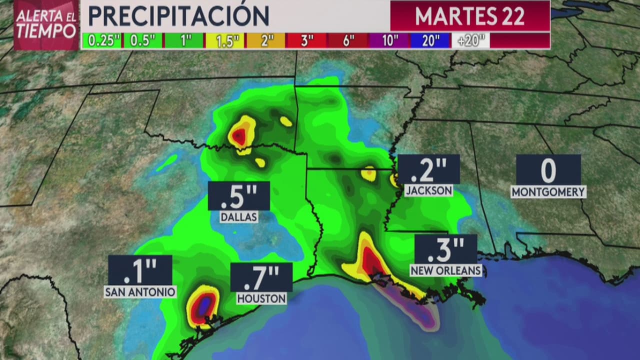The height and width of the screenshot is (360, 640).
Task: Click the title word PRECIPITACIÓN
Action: click(x=178, y=16)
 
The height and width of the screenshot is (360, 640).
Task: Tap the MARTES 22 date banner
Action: click(x=469, y=16)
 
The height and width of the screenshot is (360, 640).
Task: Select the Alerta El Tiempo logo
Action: click(x=46, y=24)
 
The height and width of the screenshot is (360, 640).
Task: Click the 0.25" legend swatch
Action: click(x=101, y=41)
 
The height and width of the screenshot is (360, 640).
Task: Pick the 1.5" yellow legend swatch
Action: click(x=224, y=41)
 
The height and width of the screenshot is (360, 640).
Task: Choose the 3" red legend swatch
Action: click(x=306, y=41)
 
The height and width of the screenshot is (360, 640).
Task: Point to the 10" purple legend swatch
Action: click(x=388, y=41)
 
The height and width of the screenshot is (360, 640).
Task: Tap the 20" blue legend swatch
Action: click(x=430, y=41)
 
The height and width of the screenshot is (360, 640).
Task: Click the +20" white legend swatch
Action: click(x=470, y=41)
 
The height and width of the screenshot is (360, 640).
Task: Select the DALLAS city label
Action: click(x=239, y=217)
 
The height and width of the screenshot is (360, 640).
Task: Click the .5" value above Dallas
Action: click(x=238, y=196)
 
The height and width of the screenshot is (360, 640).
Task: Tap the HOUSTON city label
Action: click(x=261, y=298)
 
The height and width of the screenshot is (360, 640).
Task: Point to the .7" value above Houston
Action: click(x=261, y=277)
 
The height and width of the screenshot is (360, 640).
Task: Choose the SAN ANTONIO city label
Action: click(x=140, y=291)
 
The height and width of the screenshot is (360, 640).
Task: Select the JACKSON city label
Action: click(x=428, y=190)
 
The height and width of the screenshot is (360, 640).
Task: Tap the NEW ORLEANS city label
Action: click(x=445, y=270)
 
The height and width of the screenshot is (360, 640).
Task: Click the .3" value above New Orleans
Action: click(x=445, y=249)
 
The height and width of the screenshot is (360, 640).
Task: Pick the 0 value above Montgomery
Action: click(x=548, y=170)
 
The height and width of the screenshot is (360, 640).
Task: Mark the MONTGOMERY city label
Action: click(x=548, y=192)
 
